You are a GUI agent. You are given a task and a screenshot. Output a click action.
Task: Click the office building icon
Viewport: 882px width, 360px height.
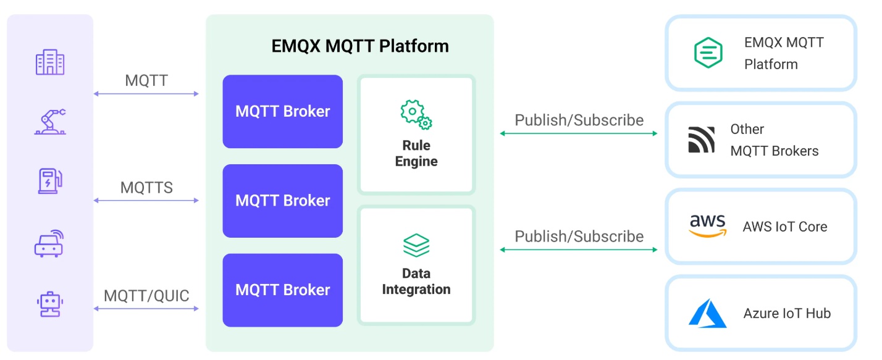50,62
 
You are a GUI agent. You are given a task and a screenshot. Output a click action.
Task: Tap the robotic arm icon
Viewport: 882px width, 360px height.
50,122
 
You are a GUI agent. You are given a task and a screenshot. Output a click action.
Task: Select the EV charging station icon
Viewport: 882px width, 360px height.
49,181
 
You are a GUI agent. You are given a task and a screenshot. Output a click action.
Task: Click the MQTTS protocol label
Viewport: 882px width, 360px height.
146,188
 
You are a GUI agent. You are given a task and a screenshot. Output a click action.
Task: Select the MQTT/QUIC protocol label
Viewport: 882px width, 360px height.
146,295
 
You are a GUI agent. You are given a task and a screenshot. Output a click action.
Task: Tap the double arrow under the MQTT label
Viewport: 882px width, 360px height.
146,94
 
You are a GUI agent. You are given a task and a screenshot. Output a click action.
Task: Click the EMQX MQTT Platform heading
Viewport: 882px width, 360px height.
360,46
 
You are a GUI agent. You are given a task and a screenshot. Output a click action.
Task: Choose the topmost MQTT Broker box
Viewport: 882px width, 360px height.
282,112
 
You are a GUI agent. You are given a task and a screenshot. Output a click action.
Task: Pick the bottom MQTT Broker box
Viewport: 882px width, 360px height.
282,290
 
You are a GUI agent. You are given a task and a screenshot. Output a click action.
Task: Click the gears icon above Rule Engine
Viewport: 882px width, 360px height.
416,115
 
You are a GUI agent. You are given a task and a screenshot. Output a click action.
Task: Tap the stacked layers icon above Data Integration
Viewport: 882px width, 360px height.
416,246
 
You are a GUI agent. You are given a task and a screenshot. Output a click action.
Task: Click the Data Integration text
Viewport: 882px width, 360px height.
416,281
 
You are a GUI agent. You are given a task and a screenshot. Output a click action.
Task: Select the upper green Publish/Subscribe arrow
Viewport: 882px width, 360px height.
579,133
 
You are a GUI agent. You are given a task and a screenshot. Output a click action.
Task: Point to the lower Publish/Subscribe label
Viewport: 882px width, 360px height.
579,237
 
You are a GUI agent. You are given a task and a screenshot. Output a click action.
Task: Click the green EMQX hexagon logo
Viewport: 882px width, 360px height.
708,52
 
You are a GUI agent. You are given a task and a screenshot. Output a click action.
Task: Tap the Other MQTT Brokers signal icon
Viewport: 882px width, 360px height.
702,140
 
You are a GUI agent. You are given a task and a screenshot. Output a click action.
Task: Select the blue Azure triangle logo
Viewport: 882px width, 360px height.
708,313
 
